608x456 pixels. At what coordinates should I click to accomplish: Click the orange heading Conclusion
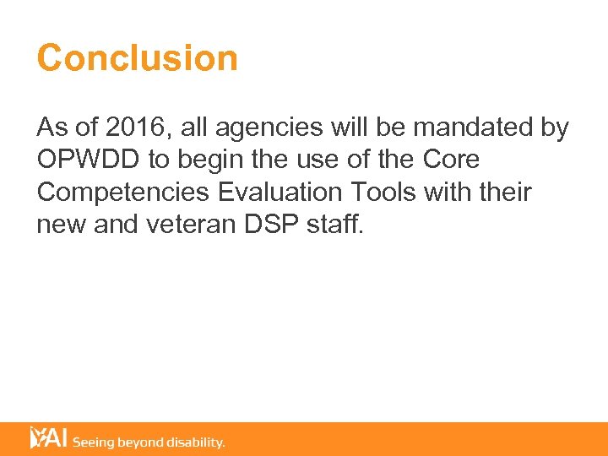[138, 58]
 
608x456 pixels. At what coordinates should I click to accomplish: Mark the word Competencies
[123, 193]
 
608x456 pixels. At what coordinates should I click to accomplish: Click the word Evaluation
[278, 193]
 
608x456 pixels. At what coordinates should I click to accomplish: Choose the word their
[502, 193]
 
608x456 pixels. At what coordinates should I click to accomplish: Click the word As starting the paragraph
[51, 128]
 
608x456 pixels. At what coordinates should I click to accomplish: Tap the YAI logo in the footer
[48, 438]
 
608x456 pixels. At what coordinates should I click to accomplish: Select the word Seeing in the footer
[95, 442]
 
